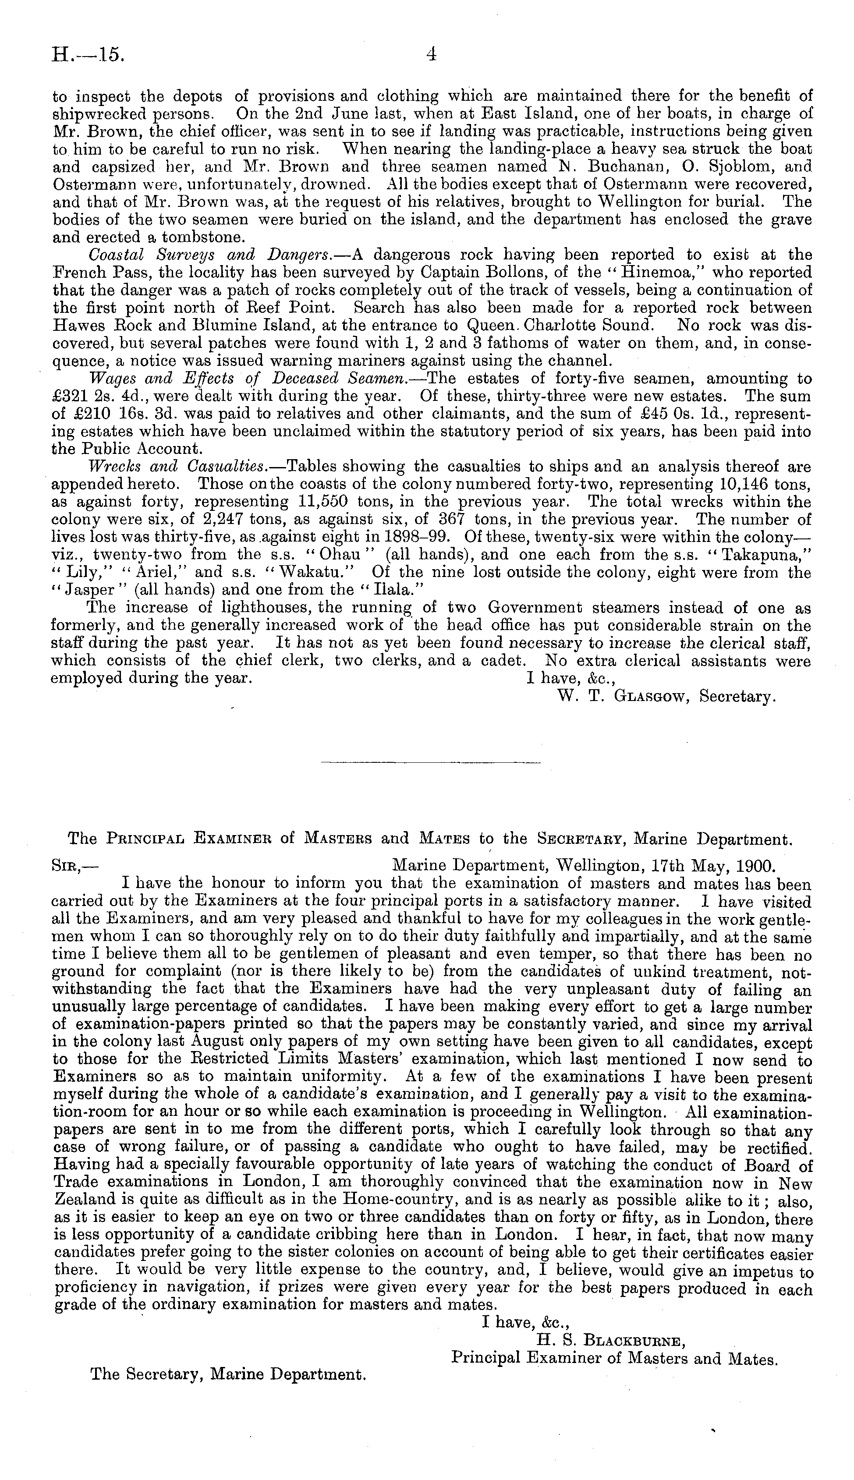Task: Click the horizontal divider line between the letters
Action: [431, 763]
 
